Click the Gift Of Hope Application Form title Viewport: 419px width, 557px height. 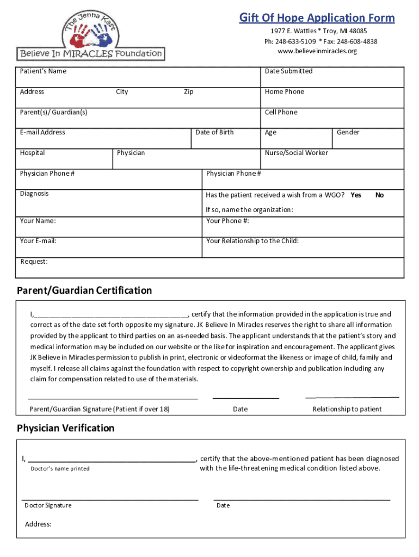pyautogui.click(x=317, y=18)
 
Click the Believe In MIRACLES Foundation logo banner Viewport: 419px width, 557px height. pyautogui.click(x=91, y=53)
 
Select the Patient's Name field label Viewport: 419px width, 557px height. pyautogui.click(x=43, y=71)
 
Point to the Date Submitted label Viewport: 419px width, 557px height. pyautogui.click(x=288, y=71)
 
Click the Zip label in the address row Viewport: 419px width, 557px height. pyautogui.click(x=188, y=92)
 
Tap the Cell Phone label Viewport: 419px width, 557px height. pyautogui.click(x=281, y=112)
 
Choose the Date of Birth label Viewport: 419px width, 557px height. pyautogui.click(x=214, y=132)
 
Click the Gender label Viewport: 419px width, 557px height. pyautogui.click(x=348, y=132)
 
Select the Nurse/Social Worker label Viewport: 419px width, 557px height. pyautogui.click(x=296, y=153)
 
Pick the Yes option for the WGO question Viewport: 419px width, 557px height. pyautogui.click(x=356, y=195)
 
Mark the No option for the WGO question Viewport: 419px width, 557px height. pyautogui.click(x=379, y=195)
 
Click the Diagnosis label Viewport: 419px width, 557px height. pyautogui.click(x=34, y=194)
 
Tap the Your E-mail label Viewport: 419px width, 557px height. pyautogui.click(x=38, y=241)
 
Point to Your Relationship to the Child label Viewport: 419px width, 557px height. pyautogui.click(x=252, y=241)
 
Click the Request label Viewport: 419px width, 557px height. pyautogui.click(x=34, y=262)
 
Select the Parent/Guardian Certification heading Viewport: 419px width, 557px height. pyautogui.click(x=84, y=290)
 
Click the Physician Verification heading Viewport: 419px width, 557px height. pyautogui.click(x=66, y=428)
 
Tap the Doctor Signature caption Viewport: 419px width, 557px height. pyautogui.click(x=48, y=505)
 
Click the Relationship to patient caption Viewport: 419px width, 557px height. pyautogui.click(x=347, y=409)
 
